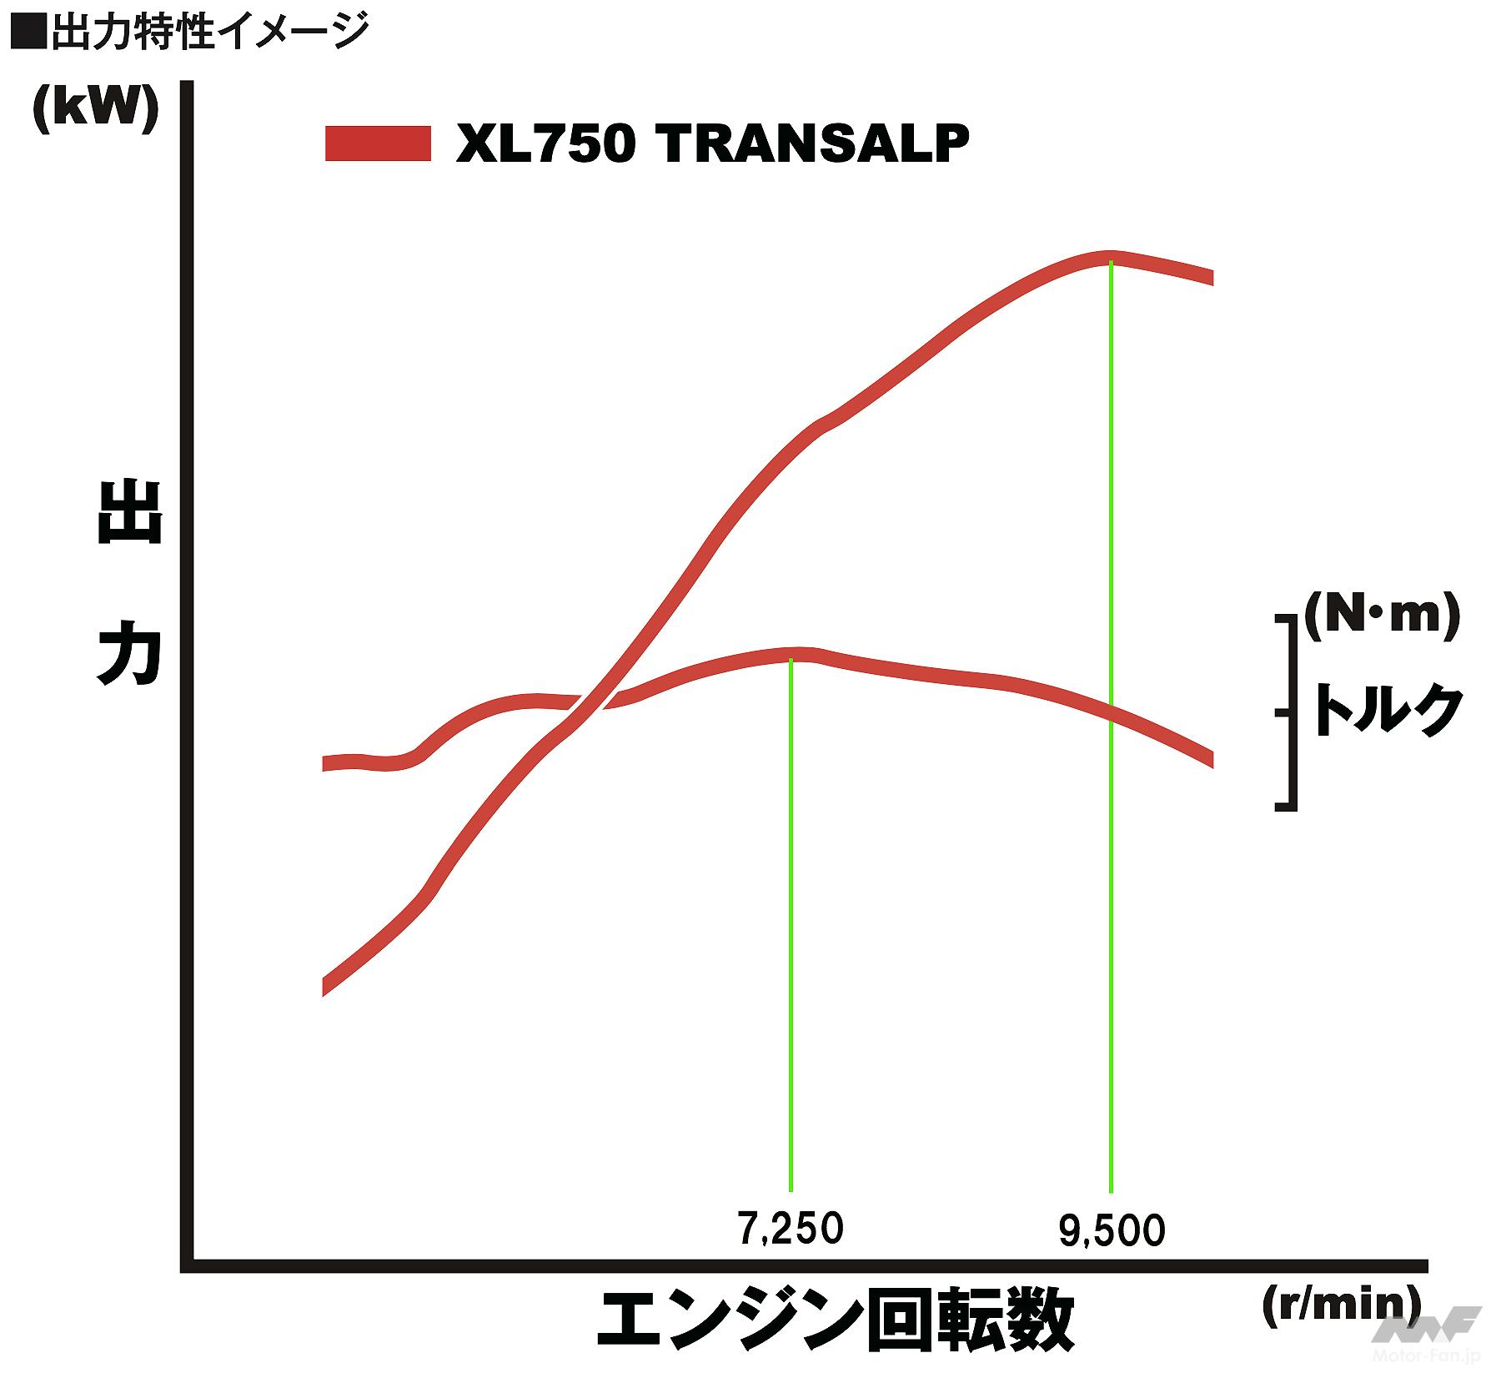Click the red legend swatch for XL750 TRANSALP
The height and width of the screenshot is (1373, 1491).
tap(378, 143)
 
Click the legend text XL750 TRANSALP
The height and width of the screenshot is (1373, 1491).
tap(712, 143)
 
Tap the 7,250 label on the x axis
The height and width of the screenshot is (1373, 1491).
tap(791, 1229)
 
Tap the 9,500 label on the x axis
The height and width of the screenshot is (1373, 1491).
tap(1112, 1231)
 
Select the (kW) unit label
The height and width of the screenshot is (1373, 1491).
tap(95, 108)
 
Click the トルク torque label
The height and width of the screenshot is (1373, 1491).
tap(1388, 711)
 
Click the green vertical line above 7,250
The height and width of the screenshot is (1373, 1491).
tap(791, 918)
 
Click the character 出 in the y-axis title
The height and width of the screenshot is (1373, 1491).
tap(129, 513)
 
